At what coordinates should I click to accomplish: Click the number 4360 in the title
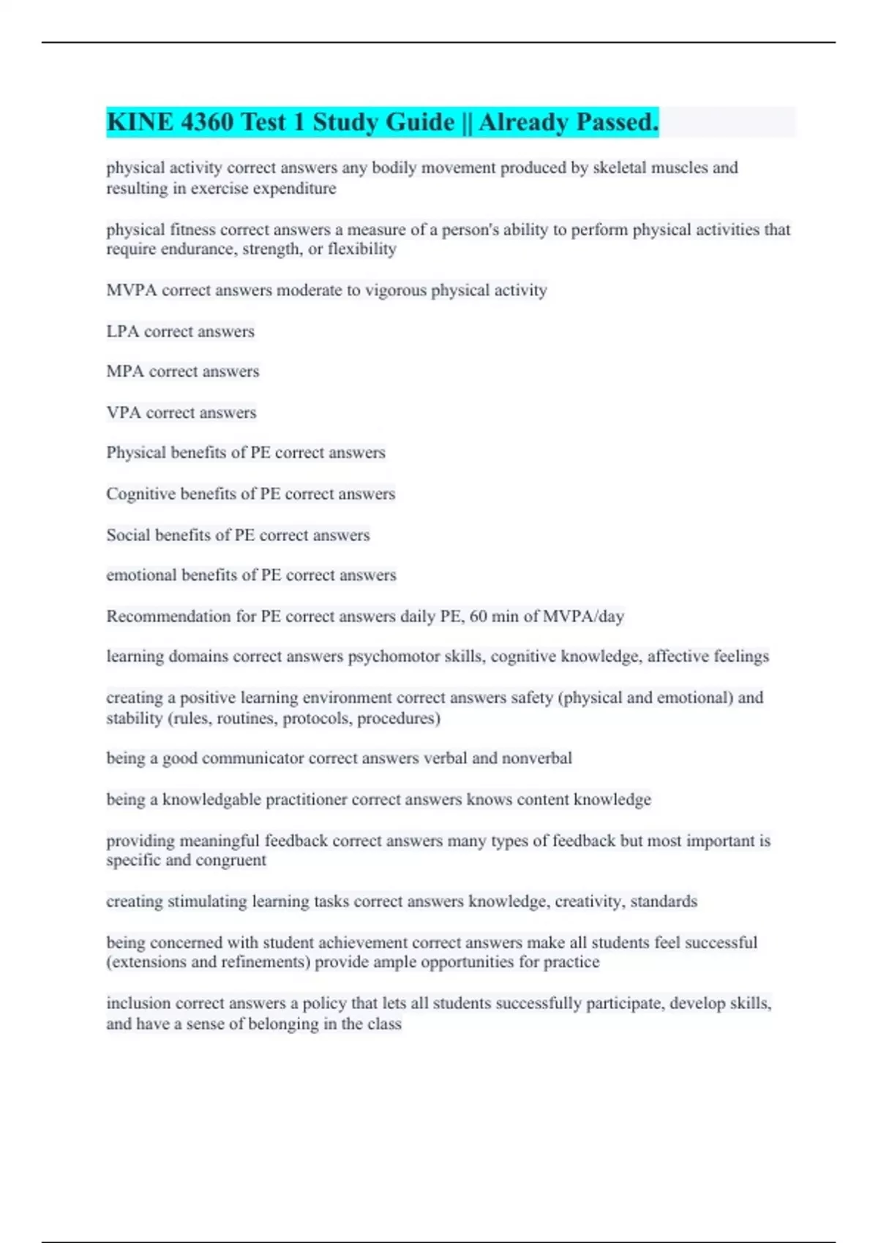(x=206, y=122)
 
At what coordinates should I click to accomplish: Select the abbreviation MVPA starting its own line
(x=132, y=290)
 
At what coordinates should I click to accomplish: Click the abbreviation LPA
(x=123, y=331)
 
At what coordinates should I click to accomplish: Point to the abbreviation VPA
(x=124, y=412)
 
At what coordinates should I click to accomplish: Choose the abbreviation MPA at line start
(x=125, y=371)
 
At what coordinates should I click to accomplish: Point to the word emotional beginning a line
(x=141, y=575)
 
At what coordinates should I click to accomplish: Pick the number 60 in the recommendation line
(x=478, y=616)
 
